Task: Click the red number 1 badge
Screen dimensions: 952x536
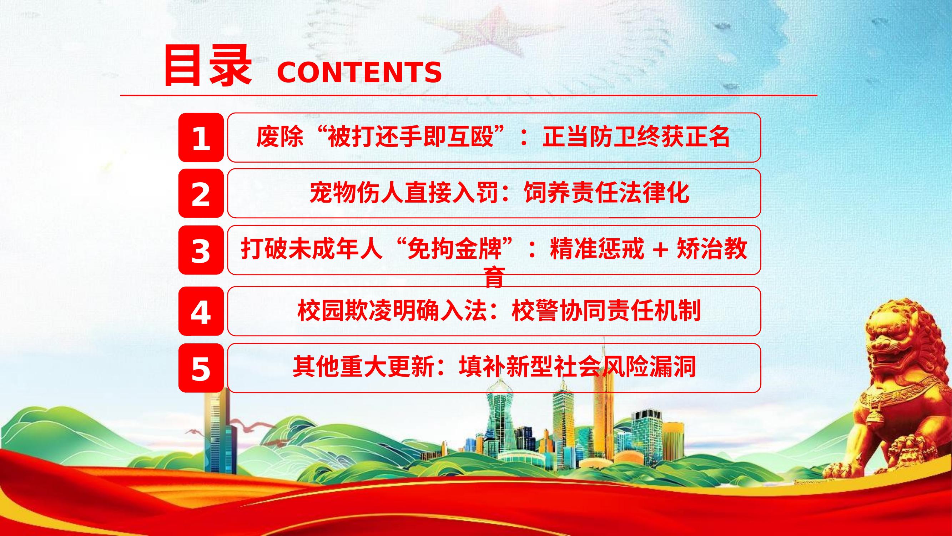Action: click(x=201, y=138)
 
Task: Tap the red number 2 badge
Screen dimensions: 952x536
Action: click(x=201, y=193)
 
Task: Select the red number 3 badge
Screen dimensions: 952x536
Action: click(x=201, y=250)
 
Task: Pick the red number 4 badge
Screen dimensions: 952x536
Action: click(x=201, y=311)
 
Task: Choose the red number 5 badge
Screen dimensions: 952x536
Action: click(x=201, y=368)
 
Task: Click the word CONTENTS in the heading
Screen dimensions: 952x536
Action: click(x=359, y=72)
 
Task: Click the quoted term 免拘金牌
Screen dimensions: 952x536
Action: click(x=454, y=249)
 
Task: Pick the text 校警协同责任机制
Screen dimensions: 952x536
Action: click(x=606, y=311)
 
